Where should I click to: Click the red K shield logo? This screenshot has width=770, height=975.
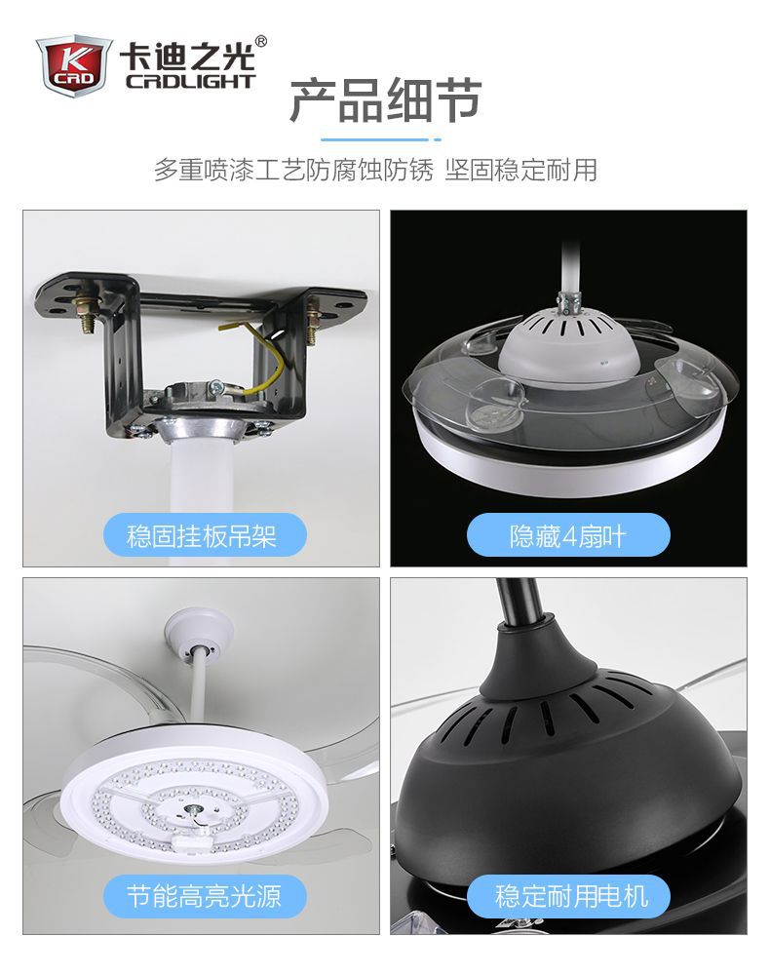(x=73, y=65)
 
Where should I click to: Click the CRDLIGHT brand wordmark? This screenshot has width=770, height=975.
(x=191, y=82)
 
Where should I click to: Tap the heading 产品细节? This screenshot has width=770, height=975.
(x=386, y=100)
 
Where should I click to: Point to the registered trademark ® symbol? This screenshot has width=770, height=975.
(x=261, y=41)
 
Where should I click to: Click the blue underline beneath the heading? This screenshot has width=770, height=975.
(x=381, y=139)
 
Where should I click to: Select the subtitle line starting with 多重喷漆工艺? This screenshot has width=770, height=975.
(x=375, y=170)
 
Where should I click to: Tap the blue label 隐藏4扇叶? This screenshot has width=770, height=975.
(x=568, y=535)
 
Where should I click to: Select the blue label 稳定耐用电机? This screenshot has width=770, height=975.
(x=568, y=896)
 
